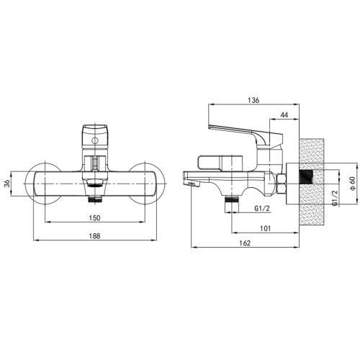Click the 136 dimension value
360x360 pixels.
click(x=253, y=100)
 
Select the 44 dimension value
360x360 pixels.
click(x=284, y=115)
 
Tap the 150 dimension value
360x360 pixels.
click(x=94, y=218)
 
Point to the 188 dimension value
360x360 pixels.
click(x=94, y=236)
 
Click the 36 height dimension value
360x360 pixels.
click(x=7, y=184)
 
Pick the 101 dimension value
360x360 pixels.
click(x=265, y=228)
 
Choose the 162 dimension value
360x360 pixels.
click(x=245, y=243)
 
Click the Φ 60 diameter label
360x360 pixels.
click(x=353, y=184)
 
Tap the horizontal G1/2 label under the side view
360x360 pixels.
click(x=262, y=208)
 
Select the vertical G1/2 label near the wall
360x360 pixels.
click(x=335, y=197)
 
